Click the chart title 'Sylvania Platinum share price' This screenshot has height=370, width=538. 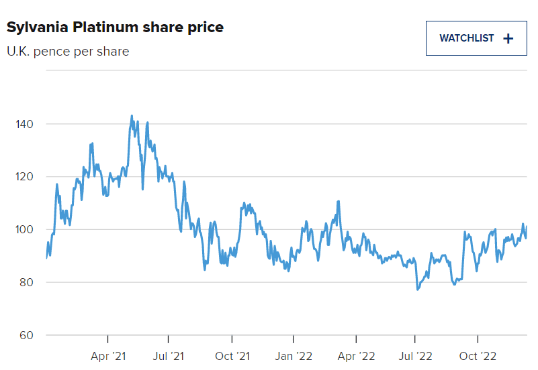[115, 27]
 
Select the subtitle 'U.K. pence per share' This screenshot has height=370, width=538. [68, 51]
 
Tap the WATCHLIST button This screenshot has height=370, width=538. [476, 38]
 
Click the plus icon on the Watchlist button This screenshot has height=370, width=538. [508, 38]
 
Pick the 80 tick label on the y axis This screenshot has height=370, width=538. [25, 282]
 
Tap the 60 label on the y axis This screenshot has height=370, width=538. [25, 335]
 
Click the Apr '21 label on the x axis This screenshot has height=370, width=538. [108, 356]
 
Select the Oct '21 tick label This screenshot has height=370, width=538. [232, 356]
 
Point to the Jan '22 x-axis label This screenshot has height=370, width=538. [294, 356]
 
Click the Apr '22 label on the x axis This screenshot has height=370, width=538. [355, 356]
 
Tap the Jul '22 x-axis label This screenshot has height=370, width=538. [416, 356]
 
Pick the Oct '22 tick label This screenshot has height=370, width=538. [478, 356]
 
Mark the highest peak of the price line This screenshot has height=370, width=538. [132, 115]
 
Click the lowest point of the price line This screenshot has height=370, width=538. [417, 290]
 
